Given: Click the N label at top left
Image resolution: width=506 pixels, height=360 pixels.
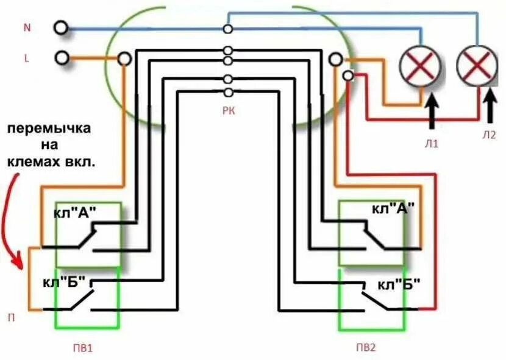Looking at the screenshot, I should point(26,28).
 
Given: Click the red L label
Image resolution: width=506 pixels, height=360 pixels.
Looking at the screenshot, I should point(26,58).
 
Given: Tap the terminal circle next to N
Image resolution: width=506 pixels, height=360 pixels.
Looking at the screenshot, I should point(60,28).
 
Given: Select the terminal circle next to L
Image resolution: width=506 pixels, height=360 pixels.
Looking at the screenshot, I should point(60,58).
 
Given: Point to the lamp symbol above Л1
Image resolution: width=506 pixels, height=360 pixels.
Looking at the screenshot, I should point(420,65).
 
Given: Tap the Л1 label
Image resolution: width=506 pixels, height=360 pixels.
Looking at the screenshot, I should point(433,144).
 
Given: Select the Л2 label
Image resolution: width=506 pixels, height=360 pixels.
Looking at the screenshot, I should point(489,135).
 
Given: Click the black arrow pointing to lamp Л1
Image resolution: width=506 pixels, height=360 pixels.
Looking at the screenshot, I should point(432,110).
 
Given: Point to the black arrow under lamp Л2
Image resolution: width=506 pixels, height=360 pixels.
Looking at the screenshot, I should point(489,105).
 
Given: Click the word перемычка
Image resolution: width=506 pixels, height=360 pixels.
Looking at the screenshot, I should point(49,129).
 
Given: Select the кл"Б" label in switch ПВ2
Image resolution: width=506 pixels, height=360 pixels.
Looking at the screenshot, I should point(399,284).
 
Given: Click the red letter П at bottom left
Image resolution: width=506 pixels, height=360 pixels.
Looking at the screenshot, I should point(11,317).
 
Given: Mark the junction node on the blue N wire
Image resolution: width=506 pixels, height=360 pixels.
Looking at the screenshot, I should point(228,29).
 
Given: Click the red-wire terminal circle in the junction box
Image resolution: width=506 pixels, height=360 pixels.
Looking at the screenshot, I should point(348,76).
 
